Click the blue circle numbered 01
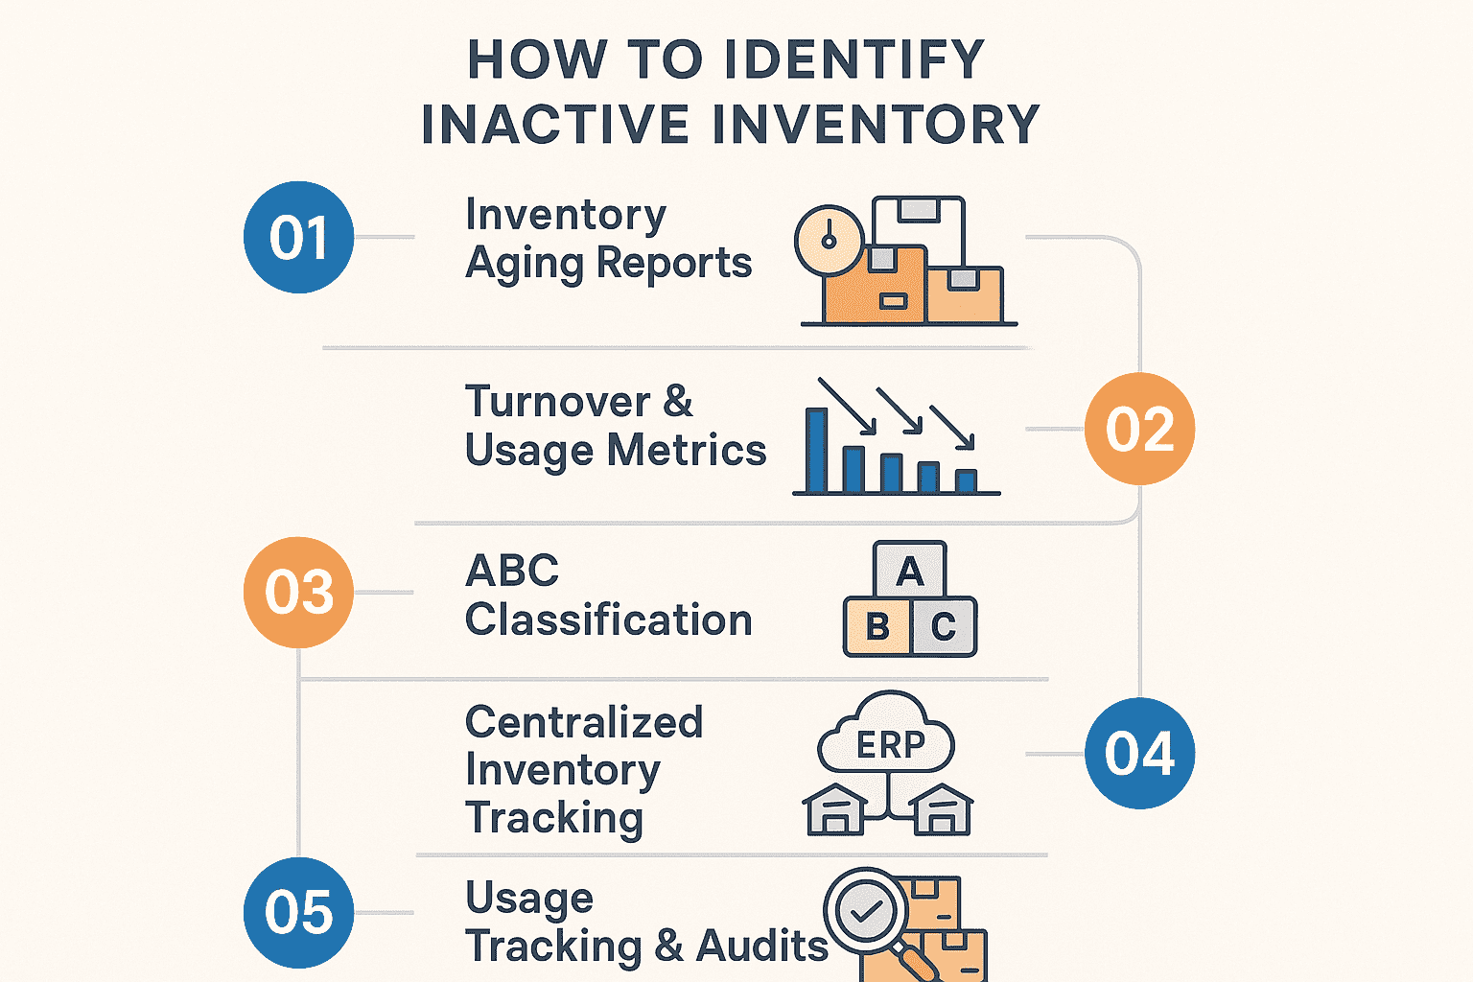(299, 237)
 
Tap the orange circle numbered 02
(1139, 429)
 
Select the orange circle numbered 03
(299, 592)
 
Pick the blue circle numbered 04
(1139, 754)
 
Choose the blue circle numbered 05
(299, 912)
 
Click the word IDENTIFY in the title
(853, 59)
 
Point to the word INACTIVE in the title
(555, 125)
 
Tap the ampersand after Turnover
(678, 402)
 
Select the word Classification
(608, 620)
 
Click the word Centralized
(584, 722)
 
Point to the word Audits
(761, 947)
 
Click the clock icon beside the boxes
(830, 241)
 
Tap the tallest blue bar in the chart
(817, 450)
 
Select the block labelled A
(909, 572)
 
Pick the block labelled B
(877, 627)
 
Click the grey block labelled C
(943, 627)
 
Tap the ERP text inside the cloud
(890, 744)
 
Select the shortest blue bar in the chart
(966, 479)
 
